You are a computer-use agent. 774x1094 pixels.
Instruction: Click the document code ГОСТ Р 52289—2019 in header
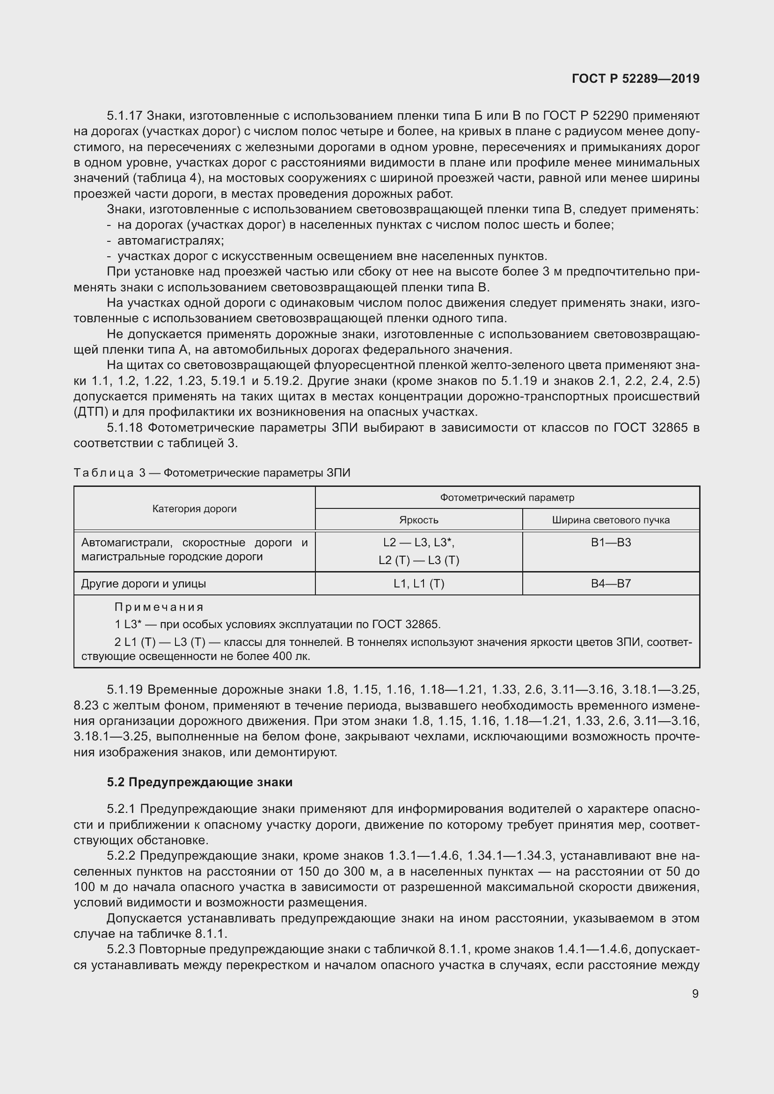click(635, 79)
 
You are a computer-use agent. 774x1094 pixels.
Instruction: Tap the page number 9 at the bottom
click(695, 993)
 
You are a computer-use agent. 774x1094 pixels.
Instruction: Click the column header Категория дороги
click(195, 508)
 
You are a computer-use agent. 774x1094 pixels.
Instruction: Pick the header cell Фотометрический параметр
click(507, 498)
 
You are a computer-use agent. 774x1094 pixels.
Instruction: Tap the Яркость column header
click(418, 520)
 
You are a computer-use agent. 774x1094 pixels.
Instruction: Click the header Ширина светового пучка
click(611, 520)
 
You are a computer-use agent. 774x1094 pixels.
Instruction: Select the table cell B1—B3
click(611, 542)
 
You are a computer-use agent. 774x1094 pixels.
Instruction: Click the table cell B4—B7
click(611, 584)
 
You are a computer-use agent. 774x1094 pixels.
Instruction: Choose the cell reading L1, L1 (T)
click(418, 584)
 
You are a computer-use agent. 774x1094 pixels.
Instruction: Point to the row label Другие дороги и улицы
click(144, 584)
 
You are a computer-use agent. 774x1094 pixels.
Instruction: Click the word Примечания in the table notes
click(159, 607)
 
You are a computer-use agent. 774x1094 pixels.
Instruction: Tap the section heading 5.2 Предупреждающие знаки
click(200, 782)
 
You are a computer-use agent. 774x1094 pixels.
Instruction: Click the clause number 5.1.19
click(125, 689)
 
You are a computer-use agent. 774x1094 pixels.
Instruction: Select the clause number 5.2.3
click(121, 949)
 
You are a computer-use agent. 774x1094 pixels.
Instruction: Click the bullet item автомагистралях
click(171, 240)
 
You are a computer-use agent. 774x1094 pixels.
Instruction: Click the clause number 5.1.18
click(125, 427)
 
